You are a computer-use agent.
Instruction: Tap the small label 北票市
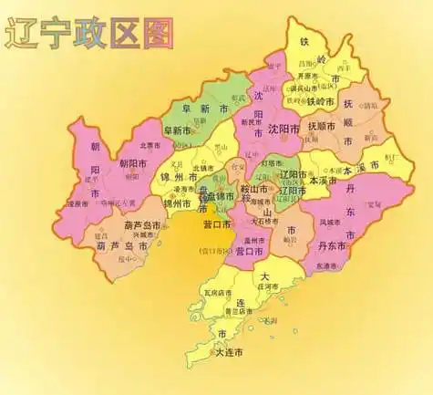point(149,144)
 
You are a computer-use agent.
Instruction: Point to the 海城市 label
point(261,202)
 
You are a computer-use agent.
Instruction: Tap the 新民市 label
point(247,122)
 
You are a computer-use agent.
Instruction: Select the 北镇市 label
point(203,168)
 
